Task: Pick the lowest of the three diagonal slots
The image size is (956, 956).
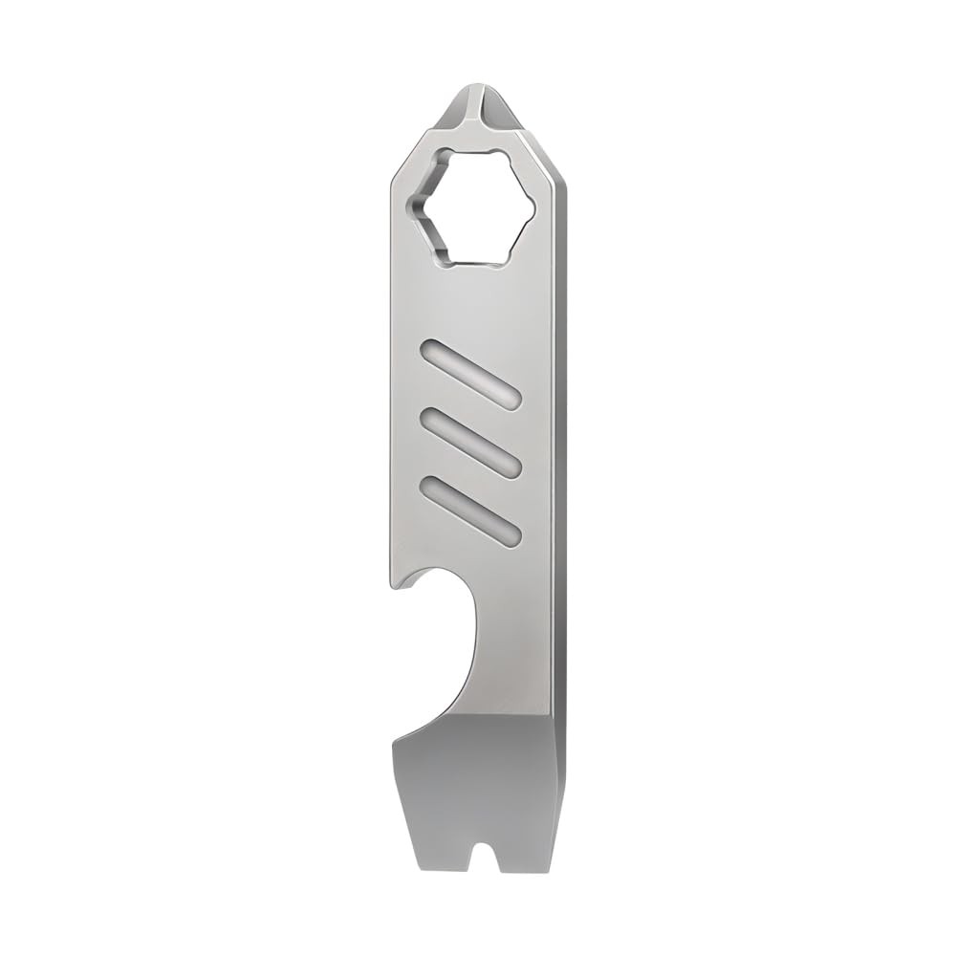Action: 469,507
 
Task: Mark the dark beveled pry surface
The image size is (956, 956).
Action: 478,765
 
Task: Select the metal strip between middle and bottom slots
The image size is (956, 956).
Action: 469,473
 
